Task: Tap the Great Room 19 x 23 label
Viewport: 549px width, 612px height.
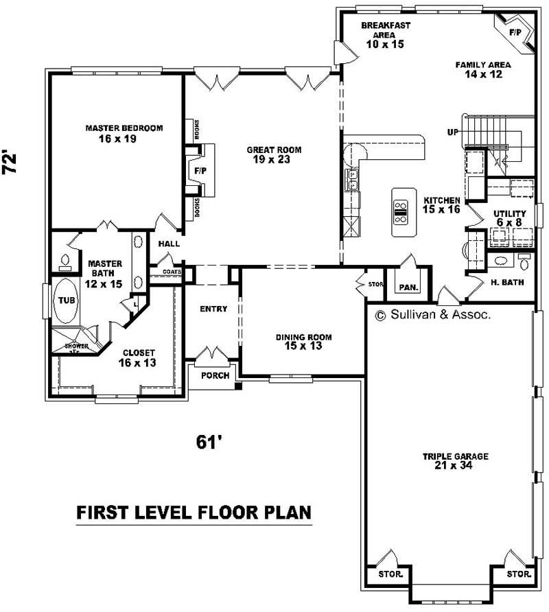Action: pos(274,155)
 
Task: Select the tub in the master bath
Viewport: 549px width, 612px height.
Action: pos(66,301)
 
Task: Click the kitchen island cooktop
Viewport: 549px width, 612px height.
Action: pos(401,211)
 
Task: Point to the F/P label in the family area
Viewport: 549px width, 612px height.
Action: pos(515,32)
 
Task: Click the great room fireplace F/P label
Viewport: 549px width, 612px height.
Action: pos(200,169)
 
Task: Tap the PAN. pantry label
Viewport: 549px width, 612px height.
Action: pos(409,287)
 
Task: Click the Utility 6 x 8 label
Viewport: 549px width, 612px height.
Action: pos(510,218)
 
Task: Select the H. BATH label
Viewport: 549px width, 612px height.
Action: pos(507,281)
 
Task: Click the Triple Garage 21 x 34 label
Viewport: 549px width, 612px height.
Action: pos(455,461)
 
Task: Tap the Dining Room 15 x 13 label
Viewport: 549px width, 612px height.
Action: pos(303,341)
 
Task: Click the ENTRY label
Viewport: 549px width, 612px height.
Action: pos(213,309)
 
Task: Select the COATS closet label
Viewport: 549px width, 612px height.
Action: pos(172,272)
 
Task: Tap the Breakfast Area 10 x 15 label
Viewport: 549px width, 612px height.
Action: pos(386,34)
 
